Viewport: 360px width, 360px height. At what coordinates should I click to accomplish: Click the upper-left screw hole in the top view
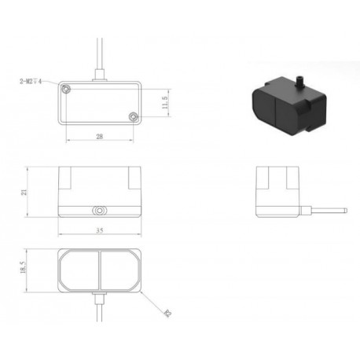[x=68, y=90]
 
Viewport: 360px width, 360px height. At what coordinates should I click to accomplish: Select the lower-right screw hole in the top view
[x=133, y=118]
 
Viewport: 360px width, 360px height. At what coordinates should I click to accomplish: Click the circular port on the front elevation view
[x=100, y=211]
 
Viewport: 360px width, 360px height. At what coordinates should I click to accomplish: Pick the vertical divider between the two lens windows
[x=100, y=269]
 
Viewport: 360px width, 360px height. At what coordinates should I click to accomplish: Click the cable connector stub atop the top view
[x=100, y=77]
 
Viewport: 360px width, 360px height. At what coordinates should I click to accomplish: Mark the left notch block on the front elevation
[x=68, y=179]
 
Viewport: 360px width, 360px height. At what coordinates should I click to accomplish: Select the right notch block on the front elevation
[x=131, y=179]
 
